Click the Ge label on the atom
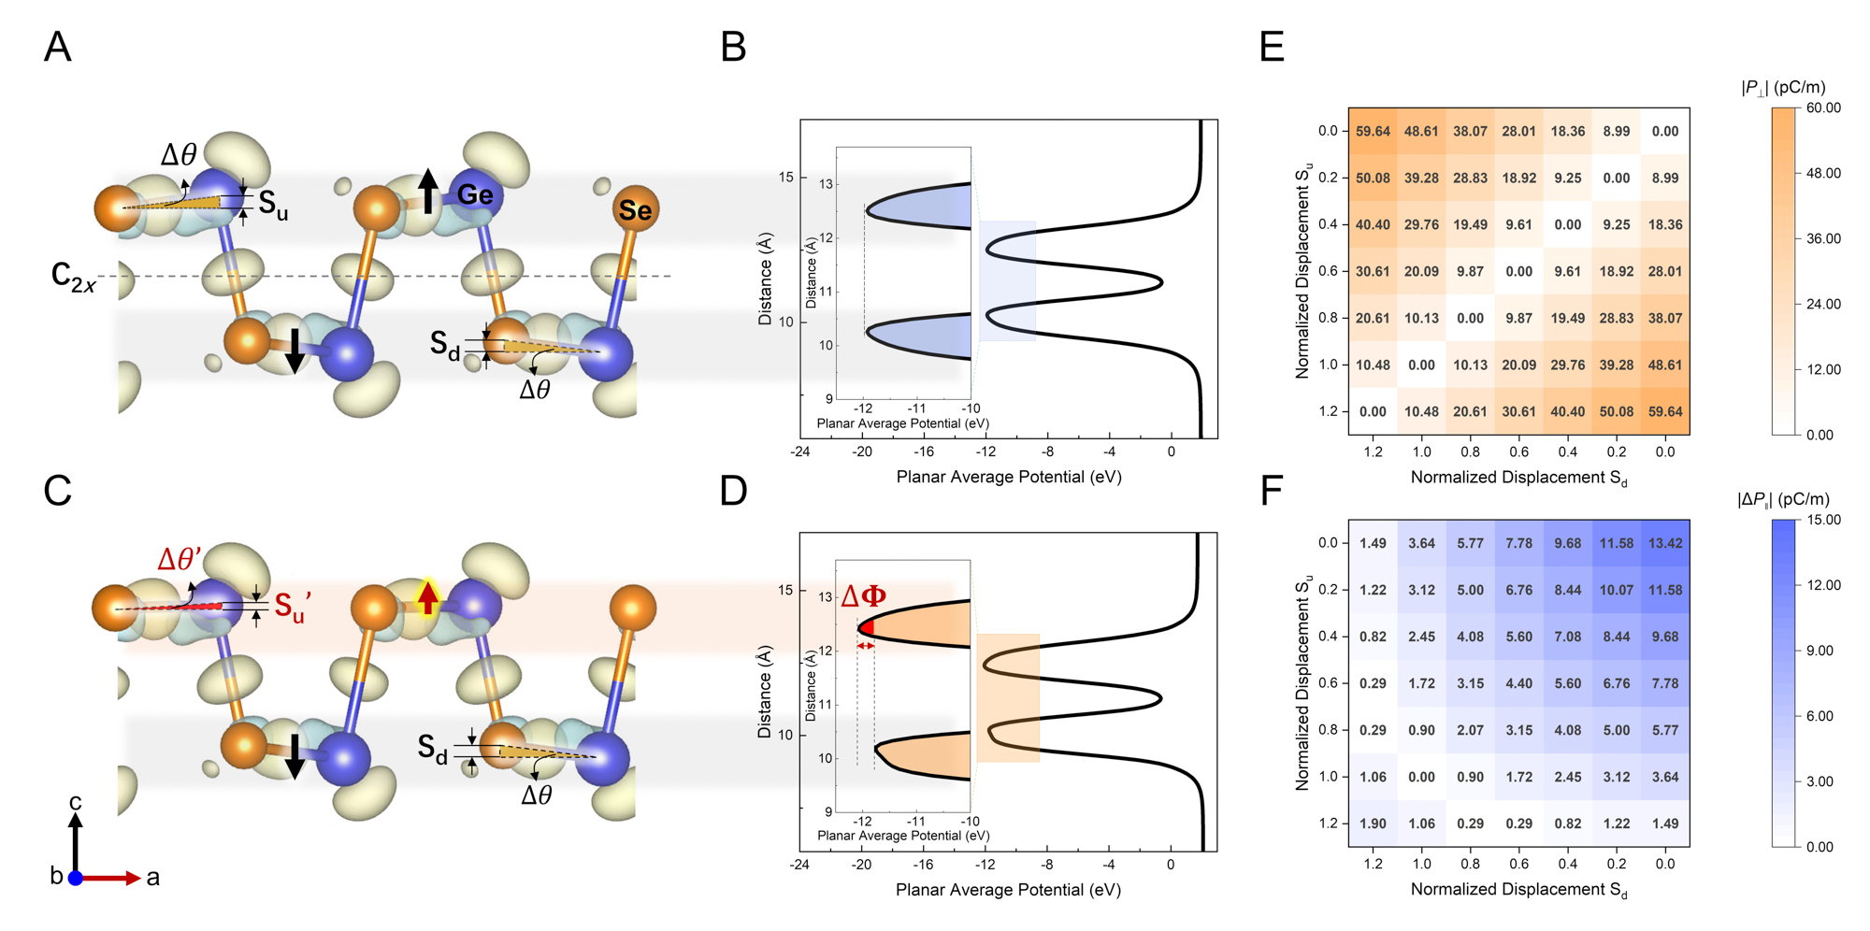click(x=475, y=194)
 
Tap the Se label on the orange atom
click(x=635, y=210)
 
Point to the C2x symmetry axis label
click(x=73, y=277)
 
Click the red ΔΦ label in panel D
click(x=863, y=595)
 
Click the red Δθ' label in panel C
click(x=180, y=560)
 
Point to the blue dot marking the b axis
click(x=76, y=878)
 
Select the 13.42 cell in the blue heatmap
click(x=1665, y=543)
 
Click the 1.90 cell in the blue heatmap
click(x=1373, y=824)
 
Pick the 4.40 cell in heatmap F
click(x=1518, y=683)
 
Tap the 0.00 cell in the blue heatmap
click(x=1421, y=777)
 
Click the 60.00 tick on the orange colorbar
click(x=1823, y=108)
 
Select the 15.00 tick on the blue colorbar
click(x=1823, y=520)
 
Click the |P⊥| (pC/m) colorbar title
click(x=1783, y=87)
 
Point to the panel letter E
click(x=1272, y=46)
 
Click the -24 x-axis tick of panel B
click(x=799, y=451)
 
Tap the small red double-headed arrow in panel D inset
click(x=866, y=646)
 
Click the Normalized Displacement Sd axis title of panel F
click(x=1518, y=890)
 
